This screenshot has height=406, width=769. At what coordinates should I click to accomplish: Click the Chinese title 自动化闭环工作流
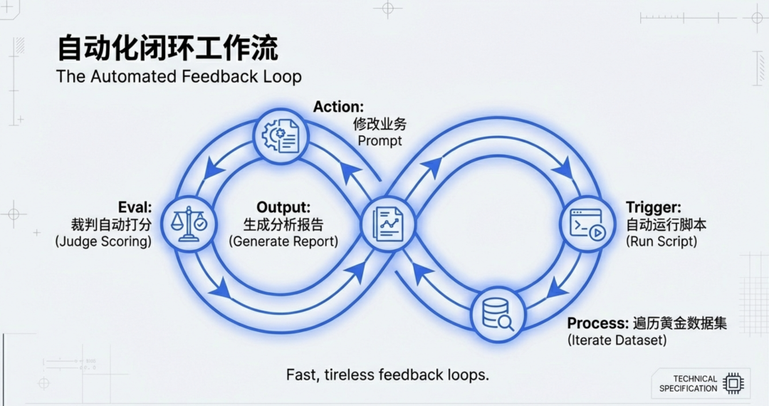pyautogui.click(x=167, y=48)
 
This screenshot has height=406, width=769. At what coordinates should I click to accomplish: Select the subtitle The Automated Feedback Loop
pyautogui.click(x=179, y=77)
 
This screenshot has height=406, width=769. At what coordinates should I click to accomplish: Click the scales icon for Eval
pyautogui.click(x=188, y=223)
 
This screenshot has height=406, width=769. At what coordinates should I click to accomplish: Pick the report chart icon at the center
pyautogui.click(x=387, y=223)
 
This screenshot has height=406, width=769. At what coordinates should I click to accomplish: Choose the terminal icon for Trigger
pyautogui.click(x=587, y=223)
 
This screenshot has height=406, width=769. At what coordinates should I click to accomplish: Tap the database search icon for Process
pyautogui.click(x=498, y=313)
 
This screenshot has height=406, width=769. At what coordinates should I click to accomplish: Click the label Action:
pyautogui.click(x=338, y=107)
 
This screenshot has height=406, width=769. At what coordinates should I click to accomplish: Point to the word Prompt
pyautogui.click(x=380, y=141)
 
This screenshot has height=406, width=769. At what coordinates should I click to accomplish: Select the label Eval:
pyautogui.click(x=136, y=207)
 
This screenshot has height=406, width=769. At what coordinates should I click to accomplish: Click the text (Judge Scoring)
pyautogui.click(x=103, y=242)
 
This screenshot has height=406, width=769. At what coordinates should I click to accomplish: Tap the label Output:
pyautogui.click(x=283, y=207)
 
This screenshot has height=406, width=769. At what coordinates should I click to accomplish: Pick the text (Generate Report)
pyautogui.click(x=283, y=242)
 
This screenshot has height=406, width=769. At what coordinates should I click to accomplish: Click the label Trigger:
pyautogui.click(x=653, y=207)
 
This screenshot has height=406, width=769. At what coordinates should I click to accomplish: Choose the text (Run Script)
pyautogui.click(x=661, y=242)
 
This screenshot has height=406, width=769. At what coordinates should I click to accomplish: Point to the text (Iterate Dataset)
pyautogui.click(x=617, y=340)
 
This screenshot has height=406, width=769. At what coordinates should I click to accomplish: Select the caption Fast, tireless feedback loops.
pyautogui.click(x=387, y=375)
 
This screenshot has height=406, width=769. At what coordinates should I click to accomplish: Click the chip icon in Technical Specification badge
pyautogui.click(x=733, y=383)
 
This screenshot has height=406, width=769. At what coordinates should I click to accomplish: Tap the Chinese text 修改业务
pyautogui.click(x=380, y=124)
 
